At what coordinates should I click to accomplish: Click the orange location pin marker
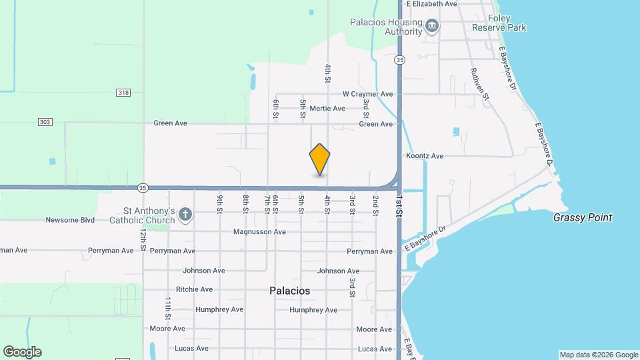pyautogui.click(x=320, y=159)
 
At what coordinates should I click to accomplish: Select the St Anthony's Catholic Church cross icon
pyautogui.click(x=185, y=215)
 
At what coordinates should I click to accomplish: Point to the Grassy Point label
pyautogui.click(x=583, y=218)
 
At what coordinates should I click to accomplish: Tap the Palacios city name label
pyautogui.click(x=289, y=291)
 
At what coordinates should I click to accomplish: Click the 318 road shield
pyautogui.click(x=123, y=93)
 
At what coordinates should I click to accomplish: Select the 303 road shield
pyautogui.click(x=45, y=122)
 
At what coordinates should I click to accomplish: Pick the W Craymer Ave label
pyautogui.click(x=367, y=95)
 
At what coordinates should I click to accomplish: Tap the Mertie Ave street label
pyautogui.click(x=327, y=109)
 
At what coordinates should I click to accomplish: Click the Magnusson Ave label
pyautogui.click(x=259, y=232)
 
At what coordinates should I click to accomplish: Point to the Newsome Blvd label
pyautogui.click(x=71, y=220)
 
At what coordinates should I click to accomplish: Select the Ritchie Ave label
pyautogui.click(x=194, y=289)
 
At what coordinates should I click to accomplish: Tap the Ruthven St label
pyautogui.click(x=480, y=84)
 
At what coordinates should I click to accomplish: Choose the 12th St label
pyautogui.click(x=143, y=239)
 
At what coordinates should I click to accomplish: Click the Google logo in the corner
pyautogui.click(x=22, y=352)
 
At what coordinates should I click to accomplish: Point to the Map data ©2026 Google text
pyautogui.click(x=599, y=355)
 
